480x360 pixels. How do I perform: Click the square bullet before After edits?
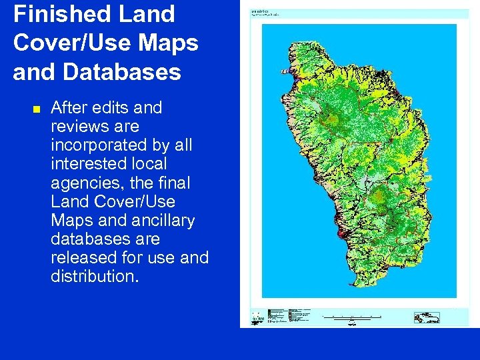click(x=36, y=109)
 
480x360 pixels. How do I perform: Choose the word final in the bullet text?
click(x=174, y=182)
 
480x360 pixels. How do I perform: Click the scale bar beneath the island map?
click(x=352, y=318)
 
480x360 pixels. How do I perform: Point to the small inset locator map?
click(x=427, y=317)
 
